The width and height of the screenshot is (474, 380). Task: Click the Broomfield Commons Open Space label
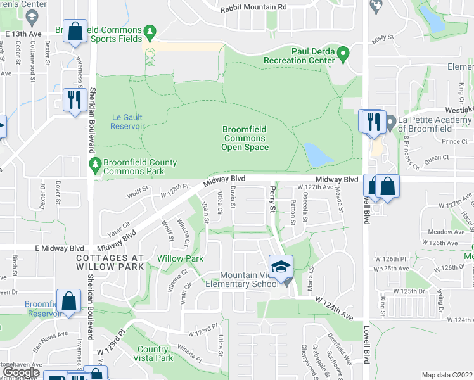pos(245,138)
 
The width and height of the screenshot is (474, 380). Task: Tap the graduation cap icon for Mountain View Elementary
pos(281,267)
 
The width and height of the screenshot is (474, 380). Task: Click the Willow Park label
pos(180,258)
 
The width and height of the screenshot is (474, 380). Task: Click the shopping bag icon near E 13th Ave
pos(75,33)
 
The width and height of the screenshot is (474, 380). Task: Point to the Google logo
pos(22,372)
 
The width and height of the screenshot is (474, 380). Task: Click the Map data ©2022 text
pos(447,375)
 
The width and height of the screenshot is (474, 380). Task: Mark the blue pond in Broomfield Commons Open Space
pos(315,155)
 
